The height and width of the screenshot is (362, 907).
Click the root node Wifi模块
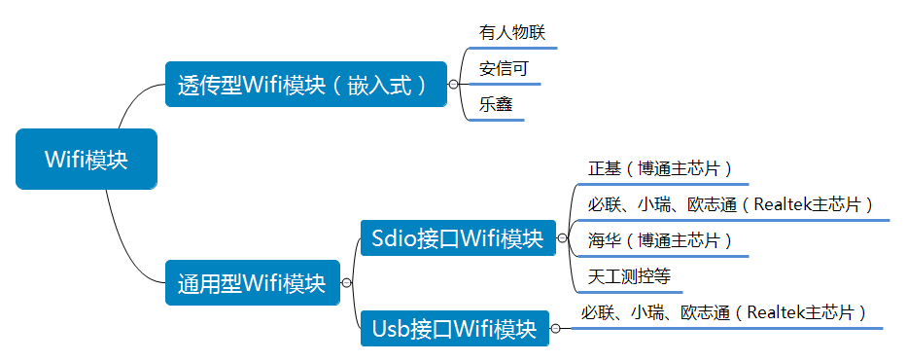pyautogui.click(x=86, y=160)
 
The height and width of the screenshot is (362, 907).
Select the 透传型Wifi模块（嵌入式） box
pyautogui.click(x=304, y=85)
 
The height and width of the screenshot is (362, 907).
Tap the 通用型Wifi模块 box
pyautogui.click(x=252, y=283)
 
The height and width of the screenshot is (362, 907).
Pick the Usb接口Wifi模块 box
pyautogui.click(x=454, y=329)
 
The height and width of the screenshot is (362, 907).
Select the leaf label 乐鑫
pyautogui.click(x=496, y=104)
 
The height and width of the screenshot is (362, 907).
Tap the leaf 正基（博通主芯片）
pyautogui.click(x=659, y=168)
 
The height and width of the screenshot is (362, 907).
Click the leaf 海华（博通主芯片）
pyautogui.click(x=659, y=239)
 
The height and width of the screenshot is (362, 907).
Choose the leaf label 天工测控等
pyautogui.click(x=629, y=275)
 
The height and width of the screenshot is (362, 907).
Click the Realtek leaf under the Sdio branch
pyautogui.click(x=730, y=204)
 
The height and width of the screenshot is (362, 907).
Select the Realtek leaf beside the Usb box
pyautogui.click(x=723, y=312)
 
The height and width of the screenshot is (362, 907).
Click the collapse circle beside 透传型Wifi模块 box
pyautogui.click(x=453, y=85)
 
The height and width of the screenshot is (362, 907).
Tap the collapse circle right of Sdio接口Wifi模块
pyautogui.click(x=562, y=237)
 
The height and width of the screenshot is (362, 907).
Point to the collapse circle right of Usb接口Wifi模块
pyautogui.click(x=555, y=329)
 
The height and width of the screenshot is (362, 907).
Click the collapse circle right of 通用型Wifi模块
pyautogui.click(x=346, y=283)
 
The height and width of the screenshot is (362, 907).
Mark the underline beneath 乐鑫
pyautogui.click(x=500, y=121)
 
